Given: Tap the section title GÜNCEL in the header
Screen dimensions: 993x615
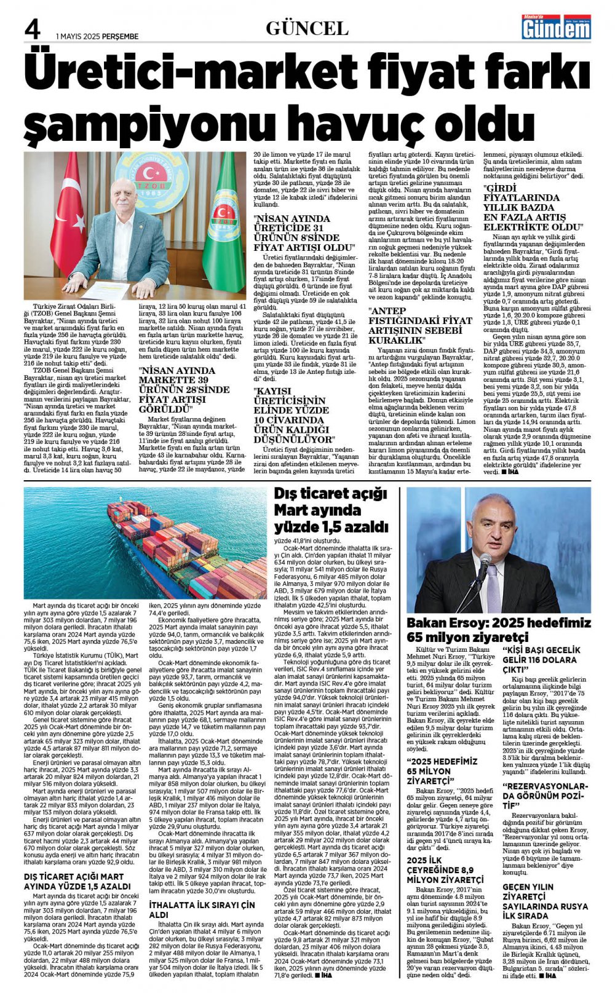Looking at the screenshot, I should point(307,28).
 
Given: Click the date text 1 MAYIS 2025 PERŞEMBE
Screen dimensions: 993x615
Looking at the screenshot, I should point(97,36).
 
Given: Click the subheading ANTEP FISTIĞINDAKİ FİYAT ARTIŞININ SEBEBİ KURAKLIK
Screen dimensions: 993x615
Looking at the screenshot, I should point(420,325).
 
